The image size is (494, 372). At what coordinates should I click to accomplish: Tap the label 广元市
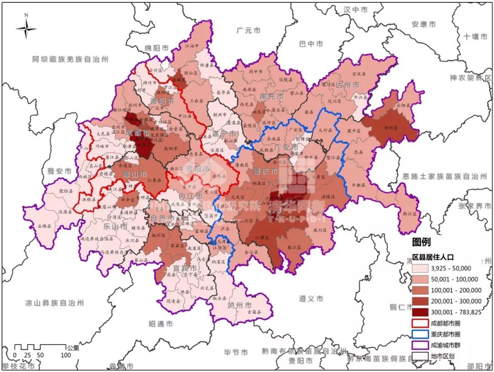coord(248,31)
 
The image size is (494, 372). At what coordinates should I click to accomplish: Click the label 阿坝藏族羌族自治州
coord(70,59)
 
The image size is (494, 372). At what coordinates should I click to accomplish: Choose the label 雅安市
coord(59,171)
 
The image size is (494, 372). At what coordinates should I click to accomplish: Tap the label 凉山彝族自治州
coord(55,303)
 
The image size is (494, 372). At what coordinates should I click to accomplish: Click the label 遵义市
coord(311,298)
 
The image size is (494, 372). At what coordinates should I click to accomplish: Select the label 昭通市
coord(161,323)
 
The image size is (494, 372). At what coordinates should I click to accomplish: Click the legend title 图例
coord(421,242)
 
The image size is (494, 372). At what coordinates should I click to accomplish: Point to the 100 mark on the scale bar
coord(65,355)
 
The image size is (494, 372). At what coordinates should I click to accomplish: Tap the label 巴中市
coord(311,44)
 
